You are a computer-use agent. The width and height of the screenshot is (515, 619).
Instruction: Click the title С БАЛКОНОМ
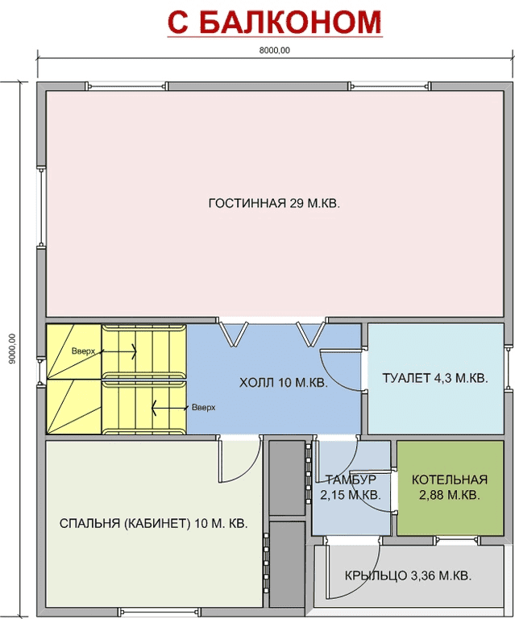click(x=275, y=22)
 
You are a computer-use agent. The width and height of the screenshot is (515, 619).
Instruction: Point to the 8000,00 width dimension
click(x=275, y=51)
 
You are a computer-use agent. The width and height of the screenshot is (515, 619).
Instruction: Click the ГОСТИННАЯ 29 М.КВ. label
click(x=274, y=203)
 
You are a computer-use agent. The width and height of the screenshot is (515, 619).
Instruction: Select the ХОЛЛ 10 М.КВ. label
click(x=284, y=383)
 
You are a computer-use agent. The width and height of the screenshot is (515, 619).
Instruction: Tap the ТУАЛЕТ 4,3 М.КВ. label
click(x=435, y=378)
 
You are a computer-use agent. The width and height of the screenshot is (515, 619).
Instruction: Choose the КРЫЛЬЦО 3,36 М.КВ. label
click(x=408, y=575)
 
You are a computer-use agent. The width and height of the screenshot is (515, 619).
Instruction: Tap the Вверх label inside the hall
click(x=204, y=407)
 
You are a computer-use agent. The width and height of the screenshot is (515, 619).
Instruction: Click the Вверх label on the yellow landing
click(x=83, y=351)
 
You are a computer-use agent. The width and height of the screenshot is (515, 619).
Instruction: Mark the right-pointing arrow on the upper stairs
click(x=119, y=351)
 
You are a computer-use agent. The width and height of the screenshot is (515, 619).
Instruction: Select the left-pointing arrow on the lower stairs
click(x=169, y=408)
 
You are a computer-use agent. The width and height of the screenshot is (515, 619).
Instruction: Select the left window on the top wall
click(x=127, y=85)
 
